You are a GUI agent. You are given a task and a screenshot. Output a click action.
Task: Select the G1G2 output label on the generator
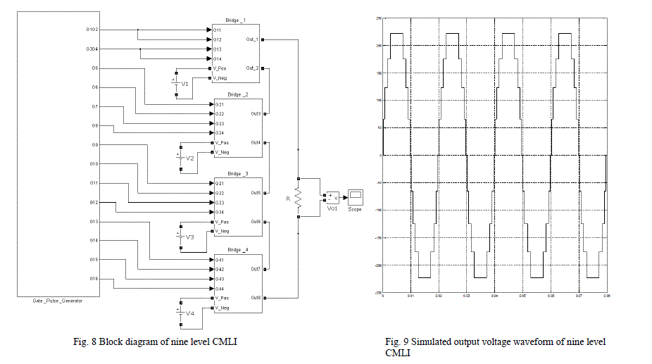tap(92, 30)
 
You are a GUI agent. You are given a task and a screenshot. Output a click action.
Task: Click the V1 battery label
tap(185, 84)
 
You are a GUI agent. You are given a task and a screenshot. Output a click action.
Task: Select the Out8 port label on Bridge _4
tap(254, 299)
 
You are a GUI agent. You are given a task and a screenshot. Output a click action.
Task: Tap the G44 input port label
tap(219, 289)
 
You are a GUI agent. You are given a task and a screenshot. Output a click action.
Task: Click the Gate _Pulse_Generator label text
tap(58, 301)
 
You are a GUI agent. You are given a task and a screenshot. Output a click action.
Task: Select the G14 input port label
tap(218, 58)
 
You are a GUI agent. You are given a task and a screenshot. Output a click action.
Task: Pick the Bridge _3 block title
tap(238, 173)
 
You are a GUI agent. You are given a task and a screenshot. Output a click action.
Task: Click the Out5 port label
tap(255, 192)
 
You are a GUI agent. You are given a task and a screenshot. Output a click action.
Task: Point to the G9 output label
tap(94, 145)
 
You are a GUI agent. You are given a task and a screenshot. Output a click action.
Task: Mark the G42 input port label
tap(219, 270)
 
